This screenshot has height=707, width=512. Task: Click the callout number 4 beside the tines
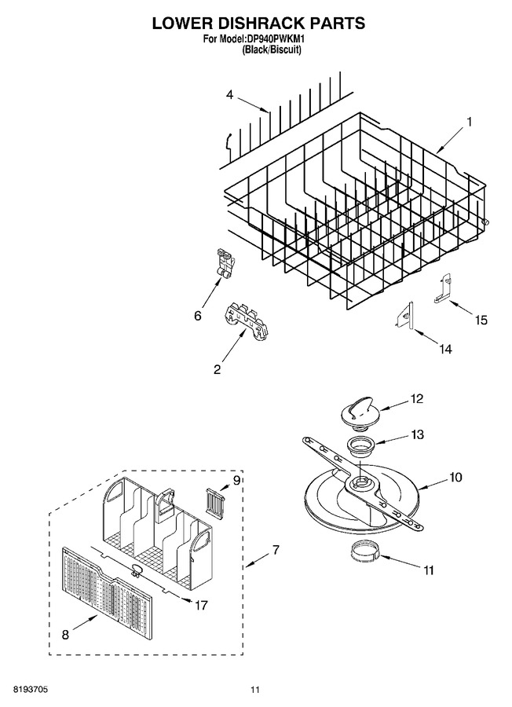pos(230,95)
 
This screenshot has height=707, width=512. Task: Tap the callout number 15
pos(481,320)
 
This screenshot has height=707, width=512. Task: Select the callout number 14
pos(445,349)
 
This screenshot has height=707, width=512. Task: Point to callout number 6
pos(198,316)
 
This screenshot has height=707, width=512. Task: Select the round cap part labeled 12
pos(357,409)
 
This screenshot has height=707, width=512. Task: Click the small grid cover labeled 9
pos(215,500)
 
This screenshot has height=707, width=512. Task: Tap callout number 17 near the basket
pos(201,604)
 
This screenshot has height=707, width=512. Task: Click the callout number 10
pos(455,477)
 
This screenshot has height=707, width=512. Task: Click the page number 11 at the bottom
pos(255,691)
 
